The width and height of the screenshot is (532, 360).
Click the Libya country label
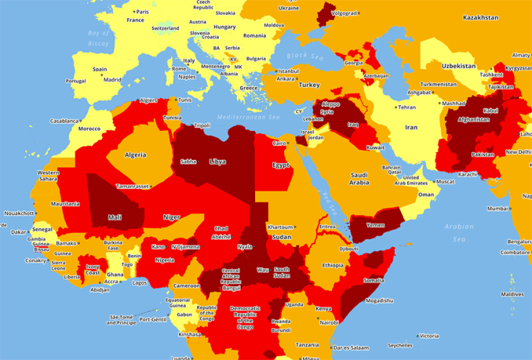point(217,162)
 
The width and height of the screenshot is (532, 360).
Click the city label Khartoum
point(280,227)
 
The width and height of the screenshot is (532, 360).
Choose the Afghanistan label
point(469,120)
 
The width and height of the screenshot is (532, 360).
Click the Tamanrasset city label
point(133,186)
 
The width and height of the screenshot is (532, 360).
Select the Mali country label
point(115,217)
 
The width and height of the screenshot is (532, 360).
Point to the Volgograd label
point(344,12)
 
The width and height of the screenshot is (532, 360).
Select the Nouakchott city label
point(20,214)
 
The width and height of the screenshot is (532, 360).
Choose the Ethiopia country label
point(333,265)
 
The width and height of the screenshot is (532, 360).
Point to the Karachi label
point(468,175)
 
